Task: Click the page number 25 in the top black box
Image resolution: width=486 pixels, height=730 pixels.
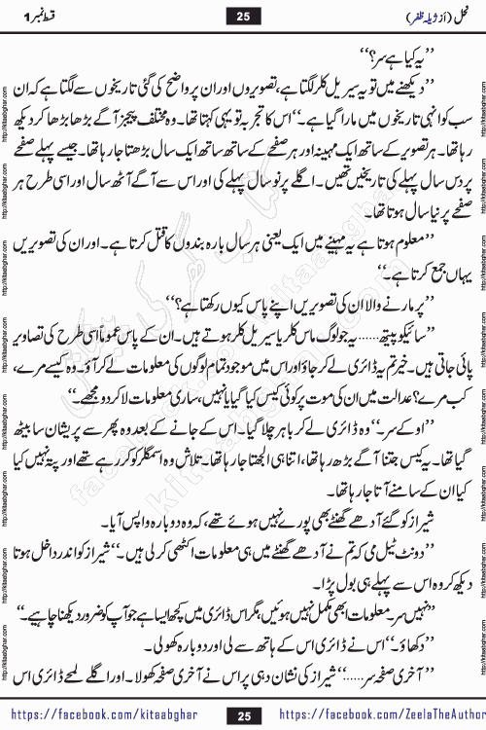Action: click(x=243, y=15)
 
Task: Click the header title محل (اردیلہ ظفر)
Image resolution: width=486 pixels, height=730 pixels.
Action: click(x=416, y=15)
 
